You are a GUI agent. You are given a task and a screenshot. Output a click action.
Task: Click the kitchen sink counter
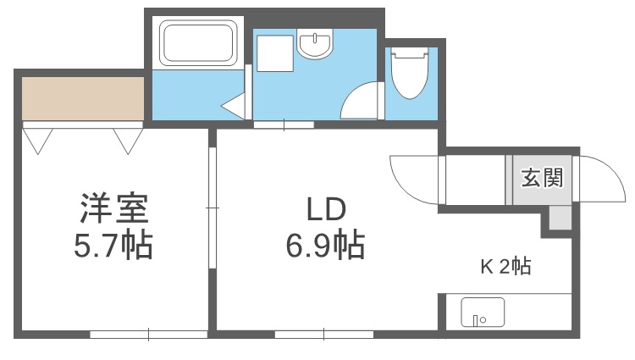(x=482, y=313)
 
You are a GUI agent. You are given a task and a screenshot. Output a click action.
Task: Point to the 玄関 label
(x=541, y=179)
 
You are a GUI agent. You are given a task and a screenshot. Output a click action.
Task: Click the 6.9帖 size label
(x=326, y=246)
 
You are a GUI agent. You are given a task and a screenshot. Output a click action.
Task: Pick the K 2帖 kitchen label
(x=506, y=268)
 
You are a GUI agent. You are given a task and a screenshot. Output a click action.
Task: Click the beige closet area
(x=82, y=98)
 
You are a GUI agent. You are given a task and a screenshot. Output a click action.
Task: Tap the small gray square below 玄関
(x=559, y=217)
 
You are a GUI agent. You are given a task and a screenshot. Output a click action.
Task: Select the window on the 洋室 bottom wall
(x=148, y=334)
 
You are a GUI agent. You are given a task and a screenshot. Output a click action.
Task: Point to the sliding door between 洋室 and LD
(x=212, y=208)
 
